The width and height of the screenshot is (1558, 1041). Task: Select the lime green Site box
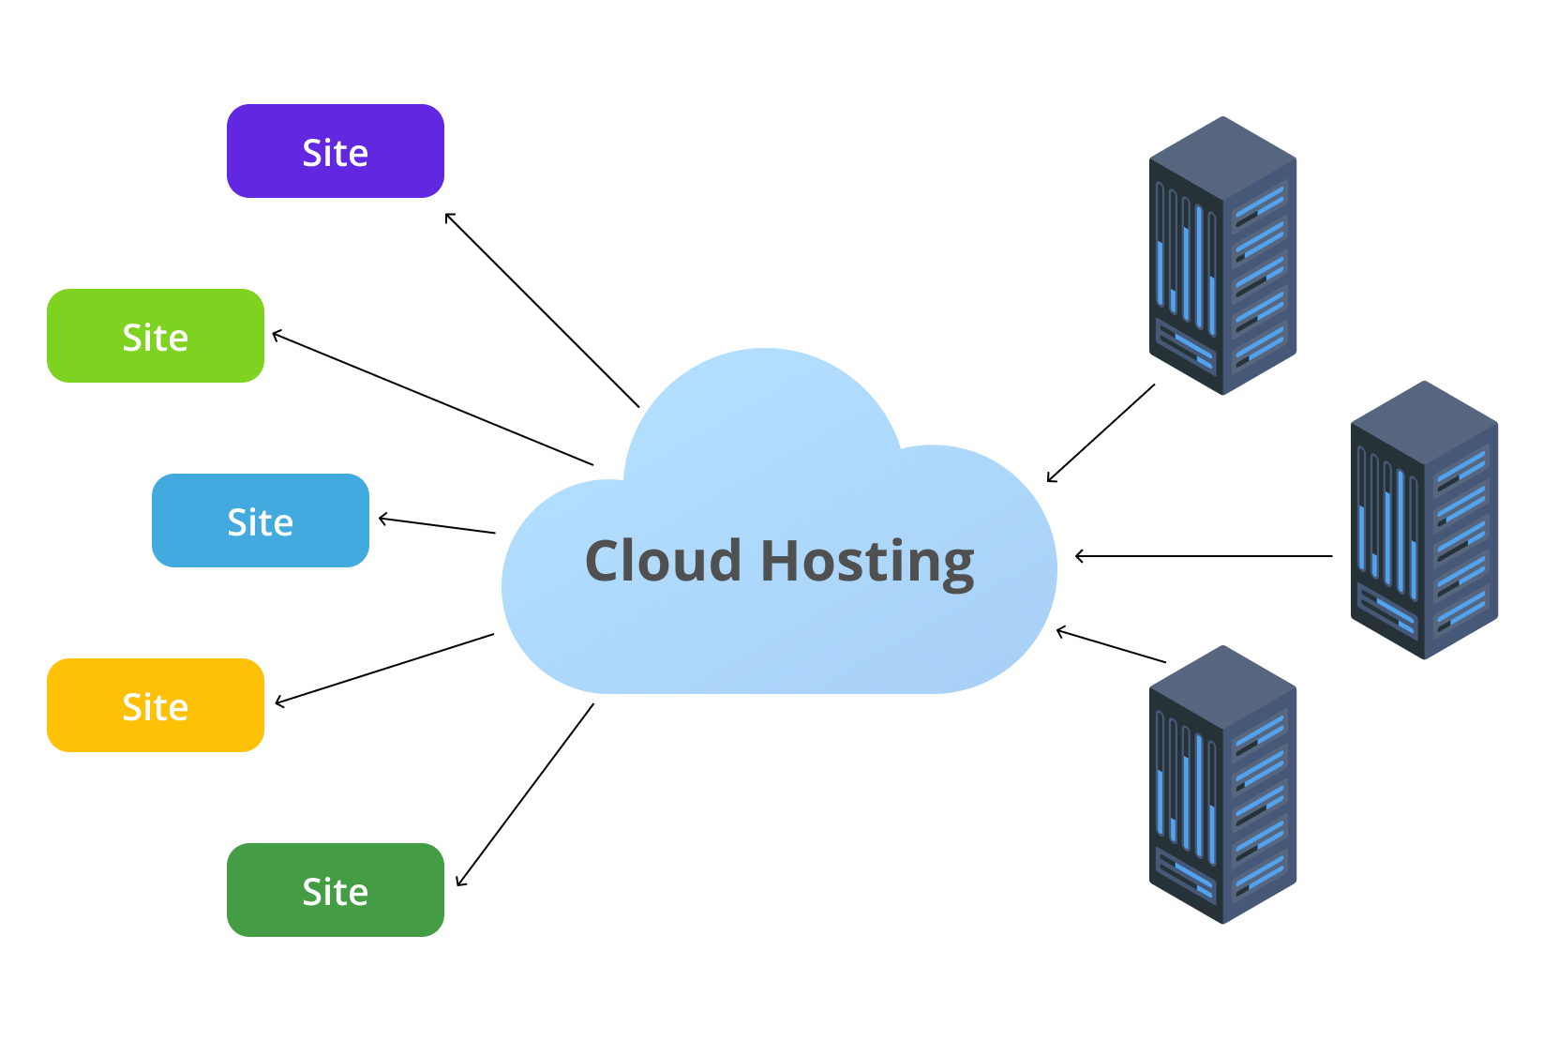(156, 336)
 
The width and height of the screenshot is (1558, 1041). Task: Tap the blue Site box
(261, 520)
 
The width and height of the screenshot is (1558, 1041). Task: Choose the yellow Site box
(156, 705)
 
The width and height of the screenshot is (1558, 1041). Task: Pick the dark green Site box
(336, 890)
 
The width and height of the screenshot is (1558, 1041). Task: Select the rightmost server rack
(1424, 520)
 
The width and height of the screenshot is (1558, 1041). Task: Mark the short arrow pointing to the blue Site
(437, 525)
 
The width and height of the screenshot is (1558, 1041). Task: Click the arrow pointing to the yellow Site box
(384, 669)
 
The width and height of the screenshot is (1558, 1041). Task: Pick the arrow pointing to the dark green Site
(525, 794)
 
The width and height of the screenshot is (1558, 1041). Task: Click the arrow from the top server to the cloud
(1101, 433)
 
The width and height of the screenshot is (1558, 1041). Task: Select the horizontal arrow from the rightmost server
(1204, 556)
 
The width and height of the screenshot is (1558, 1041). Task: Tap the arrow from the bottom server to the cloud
(1111, 646)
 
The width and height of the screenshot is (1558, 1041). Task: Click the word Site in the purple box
(336, 153)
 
